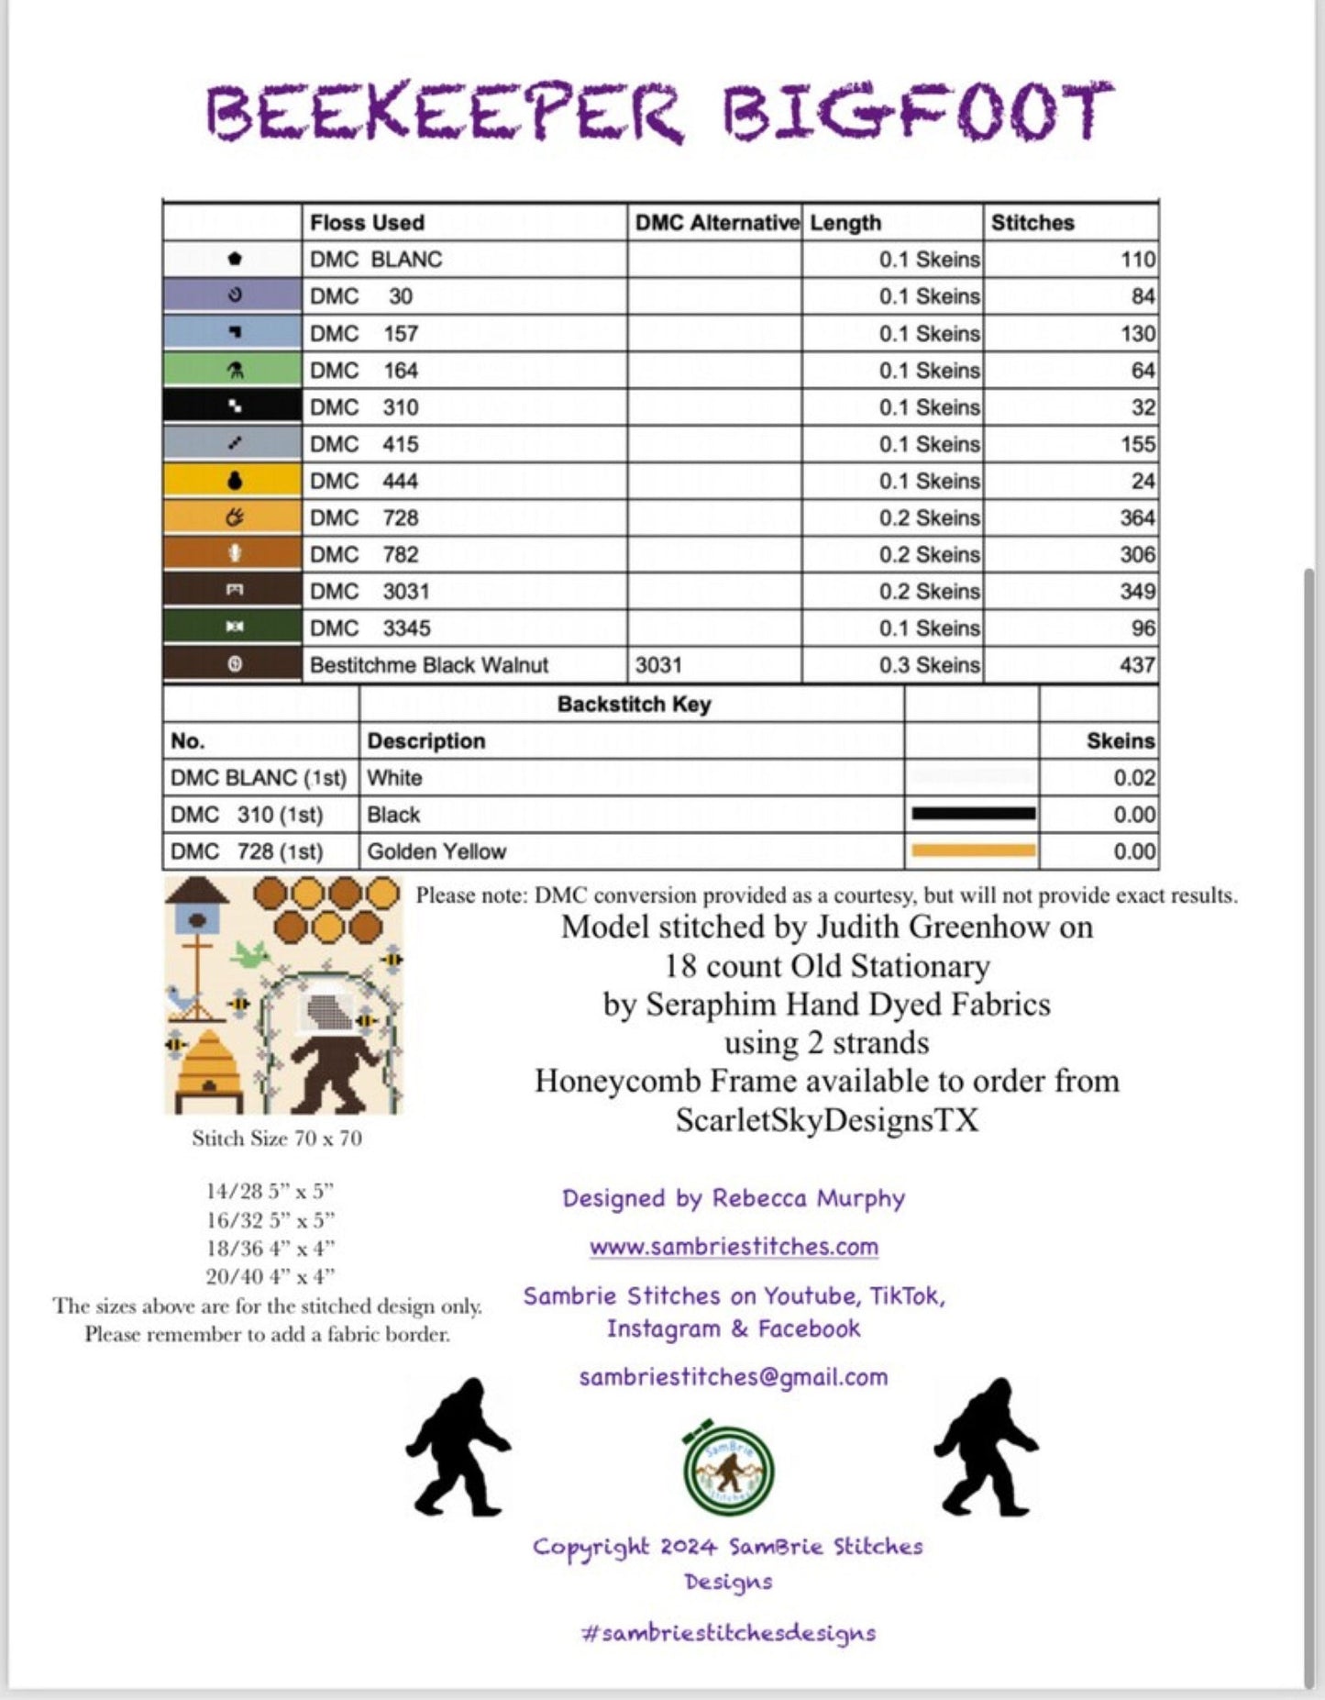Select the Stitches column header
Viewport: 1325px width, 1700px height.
pos(1032,223)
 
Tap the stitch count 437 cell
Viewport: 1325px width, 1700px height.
pos(1136,665)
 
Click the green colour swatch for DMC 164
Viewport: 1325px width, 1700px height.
pos(233,371)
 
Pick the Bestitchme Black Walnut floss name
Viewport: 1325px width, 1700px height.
pos(428,665)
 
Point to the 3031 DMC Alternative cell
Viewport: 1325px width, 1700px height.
pos(658,665)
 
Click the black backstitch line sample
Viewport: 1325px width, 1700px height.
pos(973,814)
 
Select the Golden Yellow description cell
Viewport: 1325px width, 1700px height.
pos(436,851)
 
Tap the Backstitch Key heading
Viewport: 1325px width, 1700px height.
pos(634,705)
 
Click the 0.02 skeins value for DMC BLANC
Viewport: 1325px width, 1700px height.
pos(1133,778)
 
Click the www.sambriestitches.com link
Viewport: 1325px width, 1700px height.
pos(734,1247)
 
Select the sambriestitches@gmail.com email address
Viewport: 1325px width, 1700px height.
pos(734,1377)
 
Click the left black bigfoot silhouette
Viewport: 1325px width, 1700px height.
pos(458,1447)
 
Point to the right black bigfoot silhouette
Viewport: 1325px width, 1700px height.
pos(986,1447)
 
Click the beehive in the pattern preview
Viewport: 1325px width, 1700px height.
pos(208,1062)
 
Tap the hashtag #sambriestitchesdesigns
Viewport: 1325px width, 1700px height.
pos(729,1633)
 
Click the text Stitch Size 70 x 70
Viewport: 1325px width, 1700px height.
pos(277,1139)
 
